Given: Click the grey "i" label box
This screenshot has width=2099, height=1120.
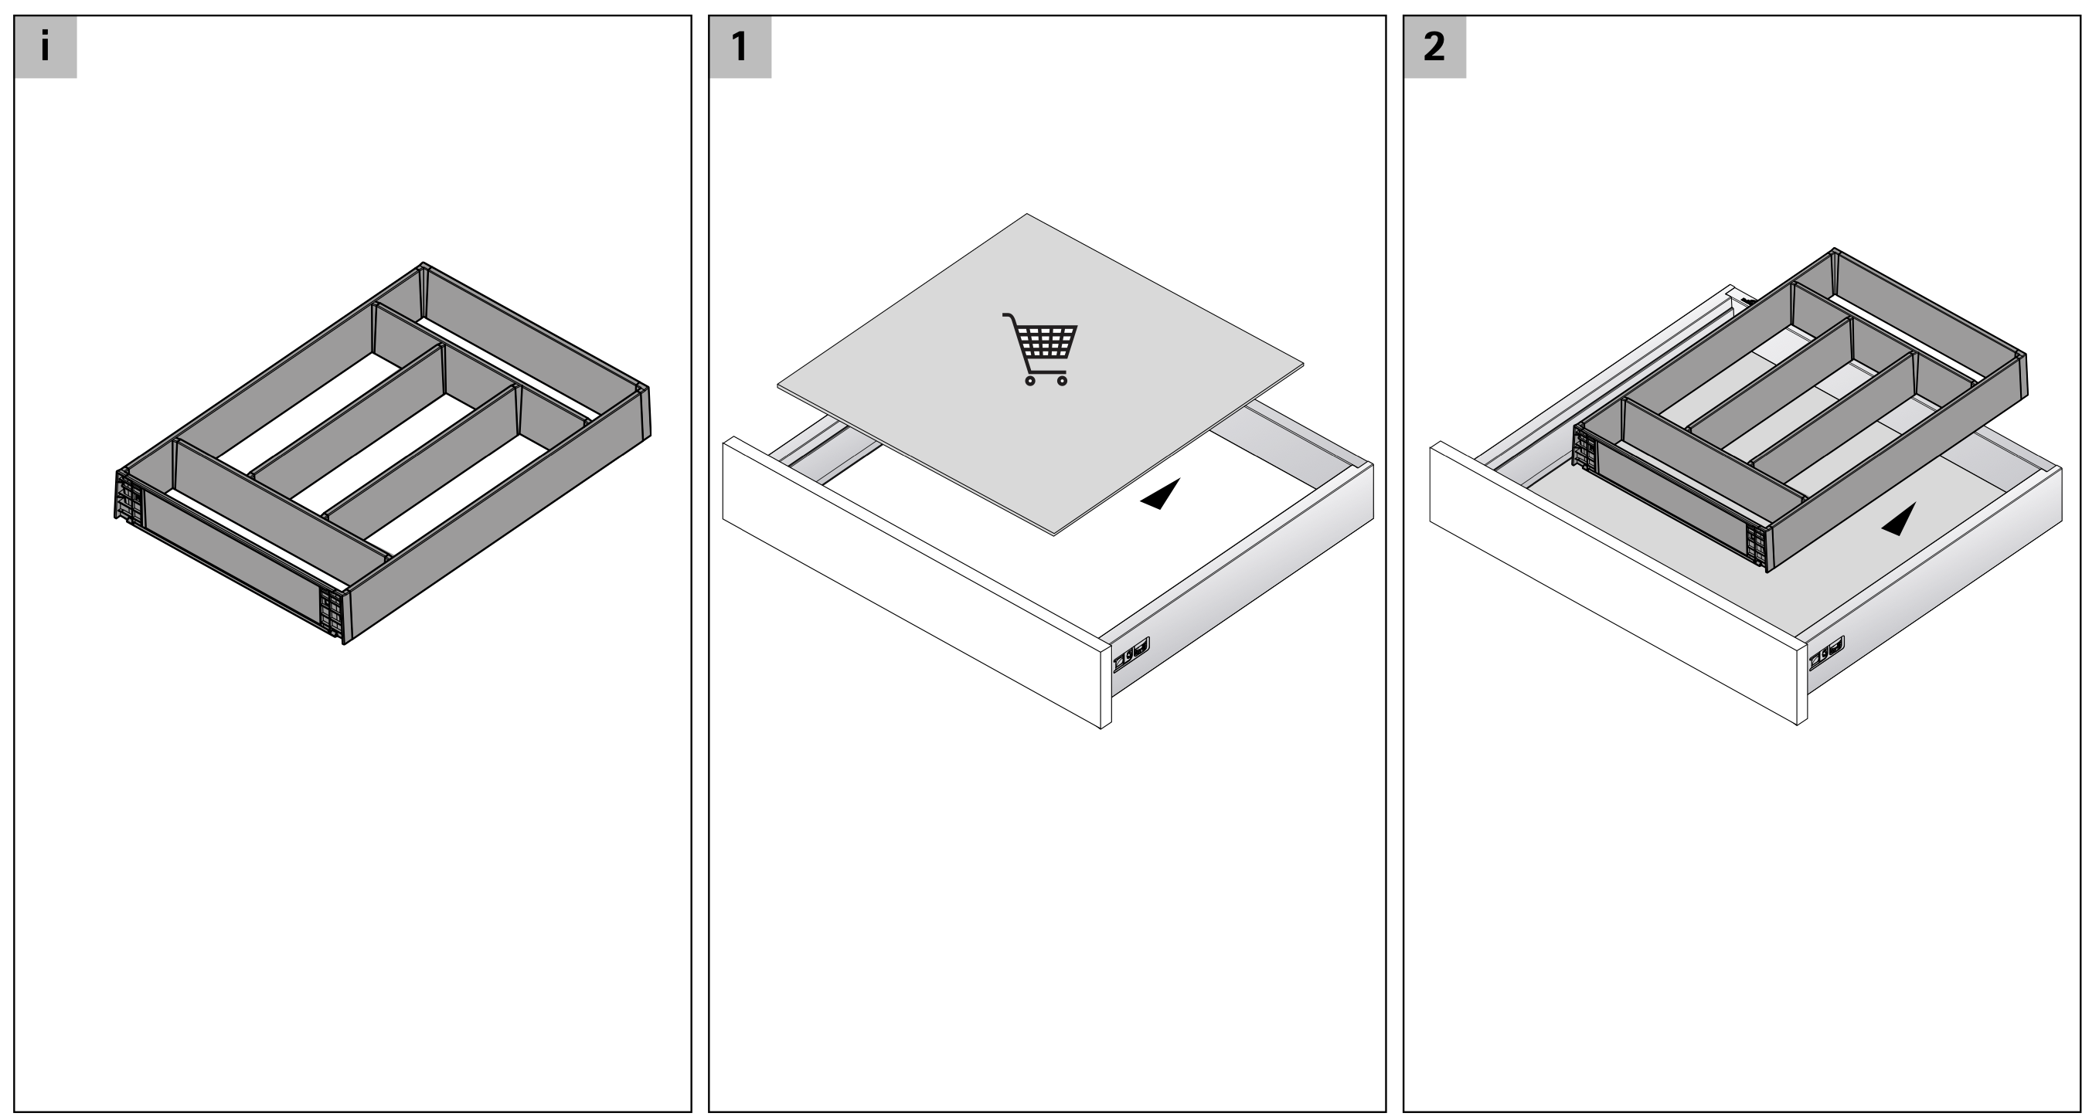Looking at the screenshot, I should pos(46,46).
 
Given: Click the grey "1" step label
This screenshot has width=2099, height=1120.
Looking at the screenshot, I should pos(740,46).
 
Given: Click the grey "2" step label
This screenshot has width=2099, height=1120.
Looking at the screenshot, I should pos(1434,46).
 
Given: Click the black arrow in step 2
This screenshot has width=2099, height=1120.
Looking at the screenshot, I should pos(1900,521).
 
